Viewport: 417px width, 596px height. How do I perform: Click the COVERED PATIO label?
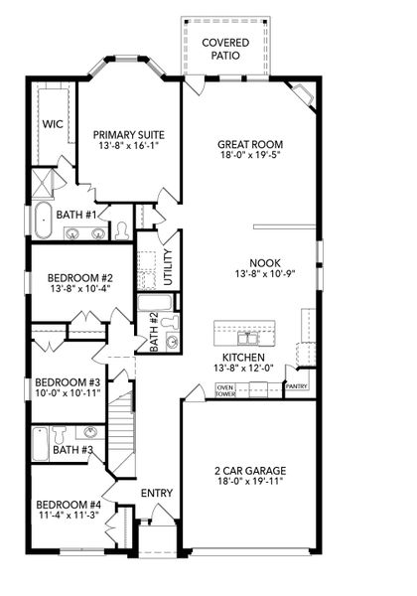[x=225, y=49]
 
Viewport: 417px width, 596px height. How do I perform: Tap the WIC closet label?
[x=52, y=125]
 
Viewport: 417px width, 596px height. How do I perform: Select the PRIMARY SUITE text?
[x=129, y=135]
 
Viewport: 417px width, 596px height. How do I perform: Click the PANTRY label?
[x=297, y=385]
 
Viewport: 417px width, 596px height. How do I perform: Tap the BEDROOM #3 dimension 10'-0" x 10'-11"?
[x=68, y=395]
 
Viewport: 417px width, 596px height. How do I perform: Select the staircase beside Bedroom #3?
[x=120, y=423]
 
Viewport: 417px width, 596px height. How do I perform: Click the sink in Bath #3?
[x=90, y=434]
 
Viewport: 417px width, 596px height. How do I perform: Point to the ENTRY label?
[x=157, y=494]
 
